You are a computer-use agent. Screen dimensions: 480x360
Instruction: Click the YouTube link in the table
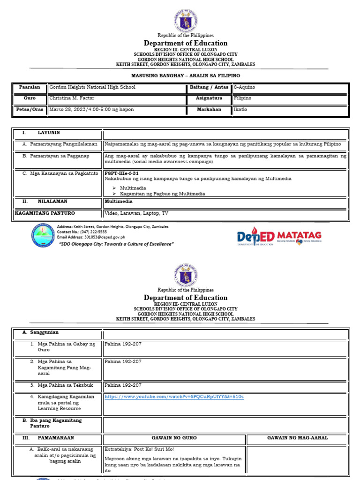coord(174,397)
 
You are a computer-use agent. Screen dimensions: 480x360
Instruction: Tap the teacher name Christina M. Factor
coord(71,98)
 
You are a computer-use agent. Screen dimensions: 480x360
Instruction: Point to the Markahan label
coord(209,110)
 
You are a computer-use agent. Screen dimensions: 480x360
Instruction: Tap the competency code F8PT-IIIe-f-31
coord(121,173)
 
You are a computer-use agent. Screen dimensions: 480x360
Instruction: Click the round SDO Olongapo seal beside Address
coord(43,235)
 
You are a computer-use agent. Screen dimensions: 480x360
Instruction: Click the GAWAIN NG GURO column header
coord(174,438)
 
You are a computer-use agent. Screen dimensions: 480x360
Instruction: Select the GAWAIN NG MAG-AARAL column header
coord(297,438)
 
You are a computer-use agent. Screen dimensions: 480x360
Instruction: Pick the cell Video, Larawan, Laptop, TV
coord(136,213)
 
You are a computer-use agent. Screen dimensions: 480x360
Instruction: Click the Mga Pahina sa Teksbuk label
coord(65,385)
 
